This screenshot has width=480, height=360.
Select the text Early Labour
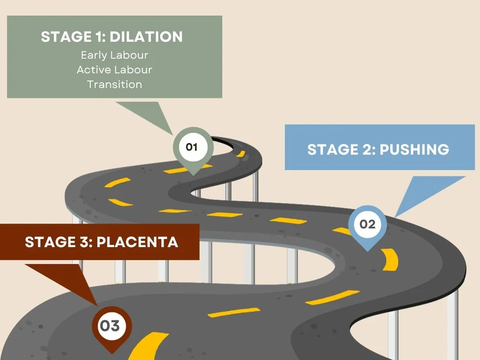(x=114, y=55)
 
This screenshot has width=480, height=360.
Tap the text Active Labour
(x=114, y=70)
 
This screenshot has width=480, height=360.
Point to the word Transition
(x=114, y=84)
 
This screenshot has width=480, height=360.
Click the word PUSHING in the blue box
(x=414, y=149)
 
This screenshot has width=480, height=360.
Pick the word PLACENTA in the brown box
(x=137, y=242)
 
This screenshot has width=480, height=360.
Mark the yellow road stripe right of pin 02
(x=390, y=259)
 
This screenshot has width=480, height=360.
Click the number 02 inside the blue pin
(x=367, y=224)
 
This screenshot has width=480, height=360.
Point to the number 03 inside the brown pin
(x=109, y=326)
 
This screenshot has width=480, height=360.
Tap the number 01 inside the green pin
(x=192, y=146)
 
